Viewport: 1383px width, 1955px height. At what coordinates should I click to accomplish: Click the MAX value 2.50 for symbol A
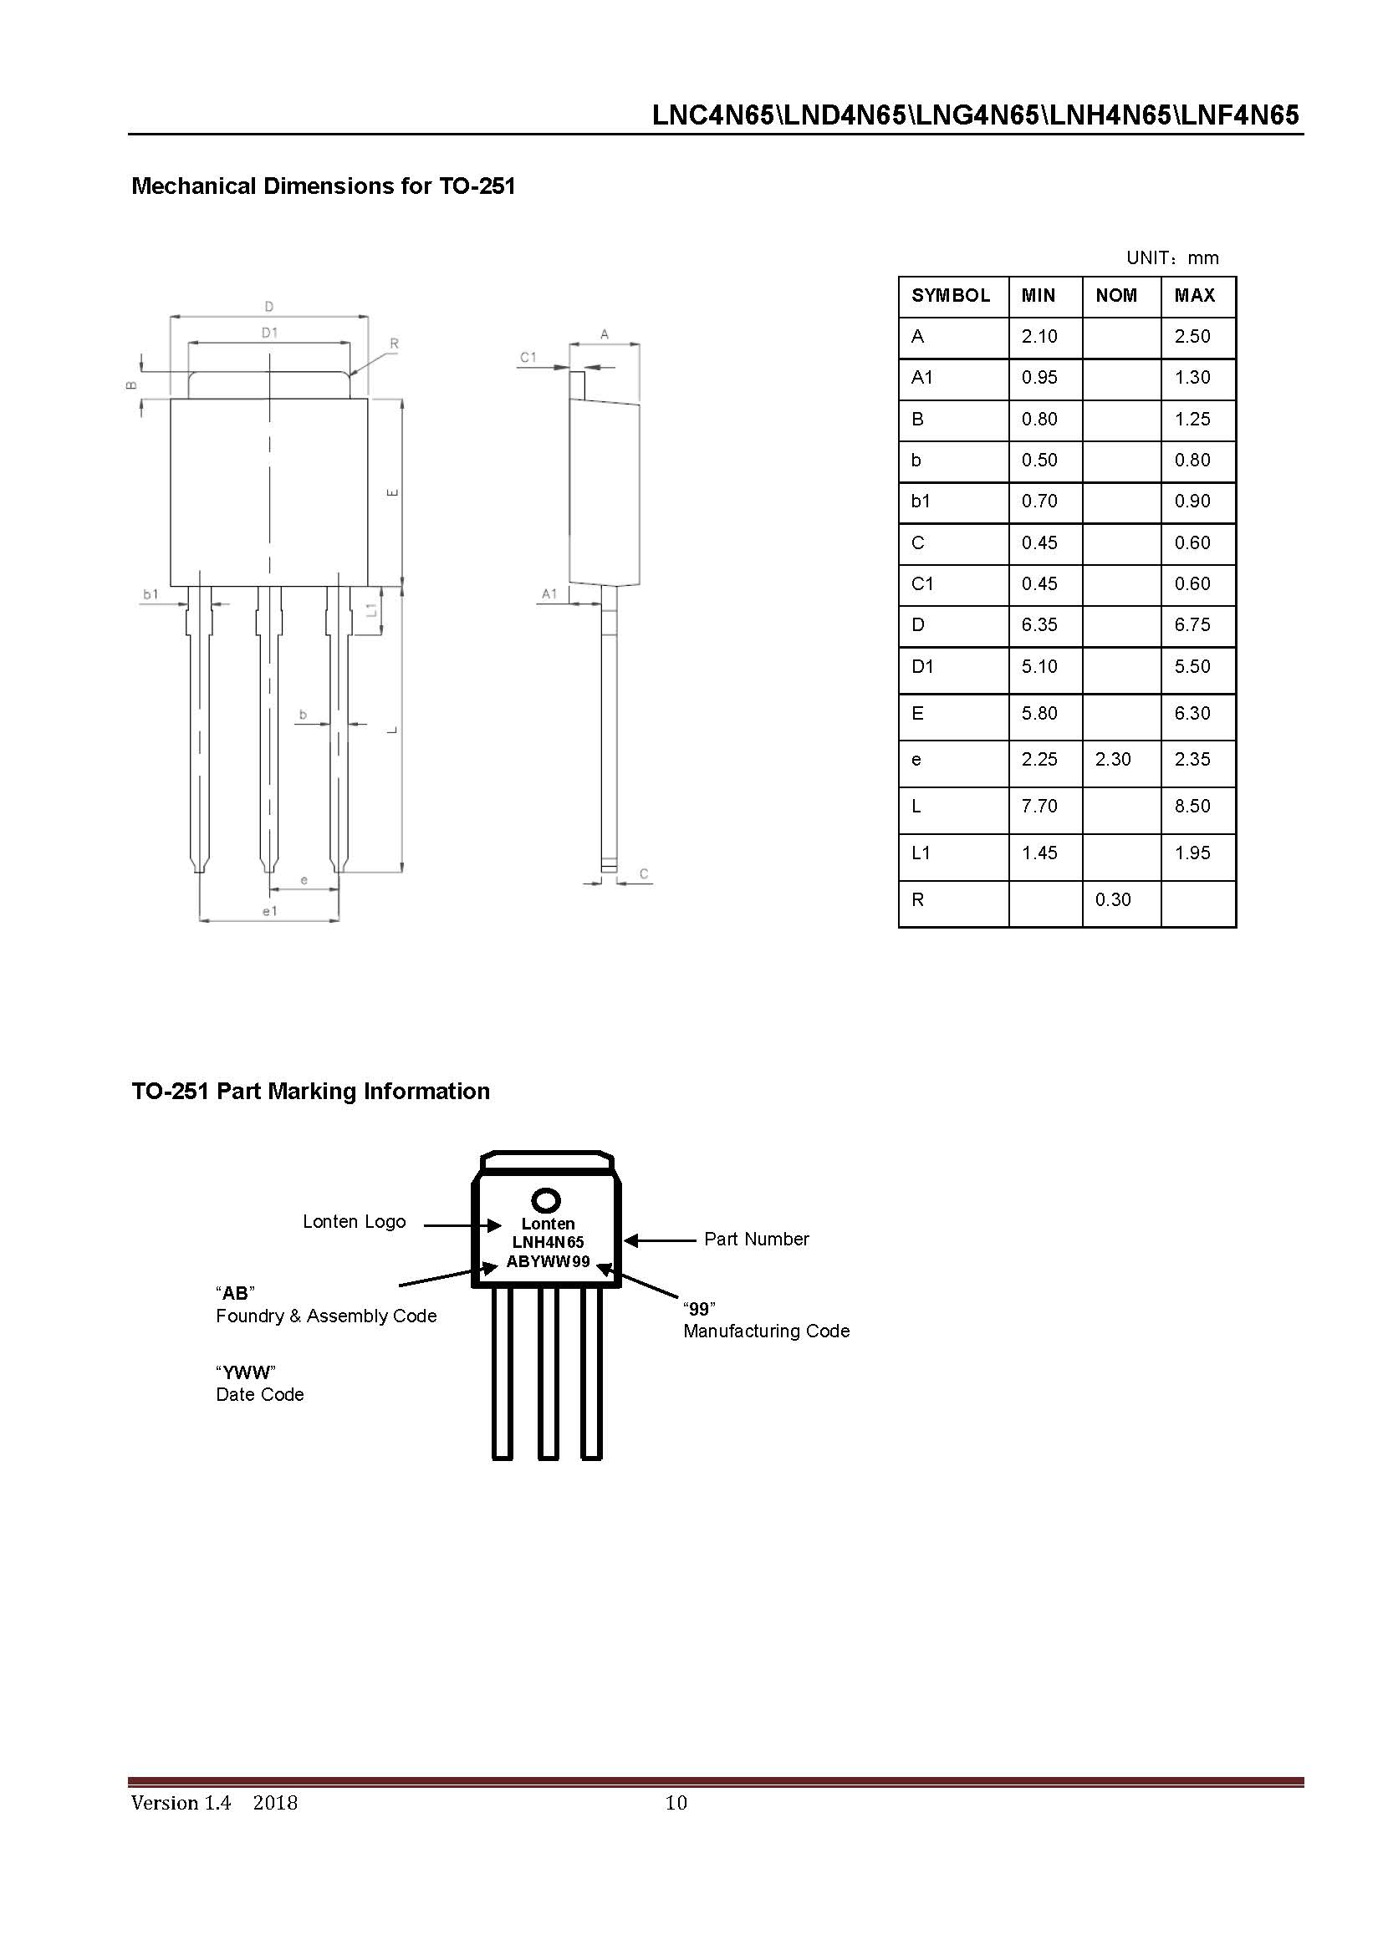coord(1192,336)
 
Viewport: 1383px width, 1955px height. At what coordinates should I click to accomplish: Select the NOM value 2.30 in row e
coord(1112,759)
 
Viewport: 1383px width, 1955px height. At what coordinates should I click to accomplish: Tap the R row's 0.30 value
coord(1112,899)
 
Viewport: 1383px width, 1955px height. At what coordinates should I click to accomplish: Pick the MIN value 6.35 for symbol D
coord(1039,624)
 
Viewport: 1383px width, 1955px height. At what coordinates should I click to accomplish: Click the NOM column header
coord(1115,295)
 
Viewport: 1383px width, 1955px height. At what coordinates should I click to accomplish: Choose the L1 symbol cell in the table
coord(921,853)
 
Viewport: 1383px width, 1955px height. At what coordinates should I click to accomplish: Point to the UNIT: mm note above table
coord(1171,258)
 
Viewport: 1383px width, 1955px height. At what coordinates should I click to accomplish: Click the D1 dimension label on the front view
coord(269,333)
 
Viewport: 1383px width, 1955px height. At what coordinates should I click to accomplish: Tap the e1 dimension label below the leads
coord(269,911)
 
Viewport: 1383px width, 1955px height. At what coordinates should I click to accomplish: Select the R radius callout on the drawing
coord(394,344)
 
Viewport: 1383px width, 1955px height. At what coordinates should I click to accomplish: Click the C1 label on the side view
coord(528,357)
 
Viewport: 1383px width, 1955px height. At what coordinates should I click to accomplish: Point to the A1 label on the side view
coord(549,593)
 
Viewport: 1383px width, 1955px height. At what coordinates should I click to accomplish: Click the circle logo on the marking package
coord(546,1201)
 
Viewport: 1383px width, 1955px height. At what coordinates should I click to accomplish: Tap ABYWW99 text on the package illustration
coord(548,1261)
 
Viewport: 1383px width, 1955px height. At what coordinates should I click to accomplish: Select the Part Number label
coord(755,1239)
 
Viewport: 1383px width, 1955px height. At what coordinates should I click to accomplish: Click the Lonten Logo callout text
coord(355,1221)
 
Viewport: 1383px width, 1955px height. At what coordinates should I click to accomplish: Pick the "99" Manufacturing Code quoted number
coord(698,1310)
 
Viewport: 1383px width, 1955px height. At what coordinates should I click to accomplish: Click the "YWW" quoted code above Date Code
coord(245,1372)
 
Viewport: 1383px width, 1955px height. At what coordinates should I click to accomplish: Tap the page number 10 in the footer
coord(676,1802)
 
